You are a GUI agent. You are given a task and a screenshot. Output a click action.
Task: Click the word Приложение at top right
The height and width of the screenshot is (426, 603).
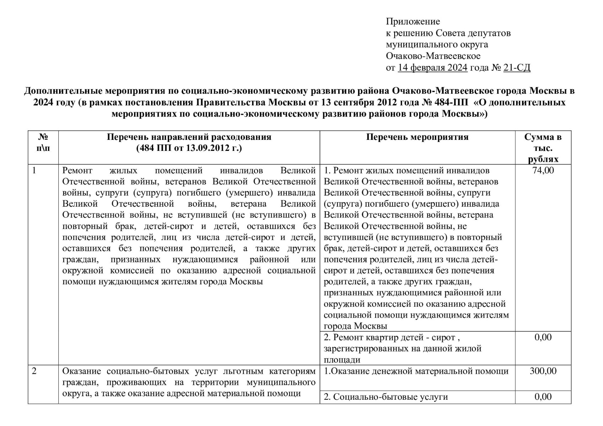[x=413, y=22]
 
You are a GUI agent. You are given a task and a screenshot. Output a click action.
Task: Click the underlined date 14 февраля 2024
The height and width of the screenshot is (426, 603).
[x=432, y=67]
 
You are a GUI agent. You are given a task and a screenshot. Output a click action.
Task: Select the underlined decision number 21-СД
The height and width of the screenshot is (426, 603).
[x=517, y=67]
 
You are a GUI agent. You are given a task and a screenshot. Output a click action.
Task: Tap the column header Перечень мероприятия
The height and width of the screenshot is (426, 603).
[x=417, y=137]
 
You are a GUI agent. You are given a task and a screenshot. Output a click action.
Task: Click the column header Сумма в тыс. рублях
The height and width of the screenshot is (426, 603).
[x=543, y=148]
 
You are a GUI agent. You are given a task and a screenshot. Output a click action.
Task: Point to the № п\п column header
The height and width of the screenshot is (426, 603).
[x=43, y=142]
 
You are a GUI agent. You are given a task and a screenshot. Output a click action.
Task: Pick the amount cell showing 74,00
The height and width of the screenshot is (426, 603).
[x=543, y=170]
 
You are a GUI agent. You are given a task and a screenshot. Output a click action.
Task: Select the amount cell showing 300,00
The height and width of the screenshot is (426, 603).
[x=543, y=371]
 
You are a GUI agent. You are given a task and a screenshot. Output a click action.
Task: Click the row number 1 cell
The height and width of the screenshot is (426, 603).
[x=34, y=170]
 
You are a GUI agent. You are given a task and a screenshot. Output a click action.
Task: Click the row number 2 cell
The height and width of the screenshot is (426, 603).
[x=34, y=371]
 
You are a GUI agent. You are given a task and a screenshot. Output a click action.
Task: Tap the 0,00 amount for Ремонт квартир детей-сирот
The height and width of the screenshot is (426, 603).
[x=543, y=337]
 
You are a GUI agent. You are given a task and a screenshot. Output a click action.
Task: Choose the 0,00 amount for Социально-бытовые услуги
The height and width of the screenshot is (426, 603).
[x=543, y=397]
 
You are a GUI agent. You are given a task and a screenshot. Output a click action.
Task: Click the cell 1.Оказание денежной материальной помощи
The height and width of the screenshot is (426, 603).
[x=416, y=371]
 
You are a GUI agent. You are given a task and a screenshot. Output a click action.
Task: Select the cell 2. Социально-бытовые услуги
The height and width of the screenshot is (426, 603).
[x=386, y=397]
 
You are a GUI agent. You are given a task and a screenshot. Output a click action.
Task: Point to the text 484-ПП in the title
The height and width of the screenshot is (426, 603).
[x=451, y=103]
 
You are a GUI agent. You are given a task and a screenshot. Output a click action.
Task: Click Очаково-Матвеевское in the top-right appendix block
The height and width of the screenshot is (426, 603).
[x=433, y=56]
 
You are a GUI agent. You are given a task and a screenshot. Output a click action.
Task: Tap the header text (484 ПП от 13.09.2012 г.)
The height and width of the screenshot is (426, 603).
[x=189, y=148]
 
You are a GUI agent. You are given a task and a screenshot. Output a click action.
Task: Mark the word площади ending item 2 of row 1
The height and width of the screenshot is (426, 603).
[x=342, y=360]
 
